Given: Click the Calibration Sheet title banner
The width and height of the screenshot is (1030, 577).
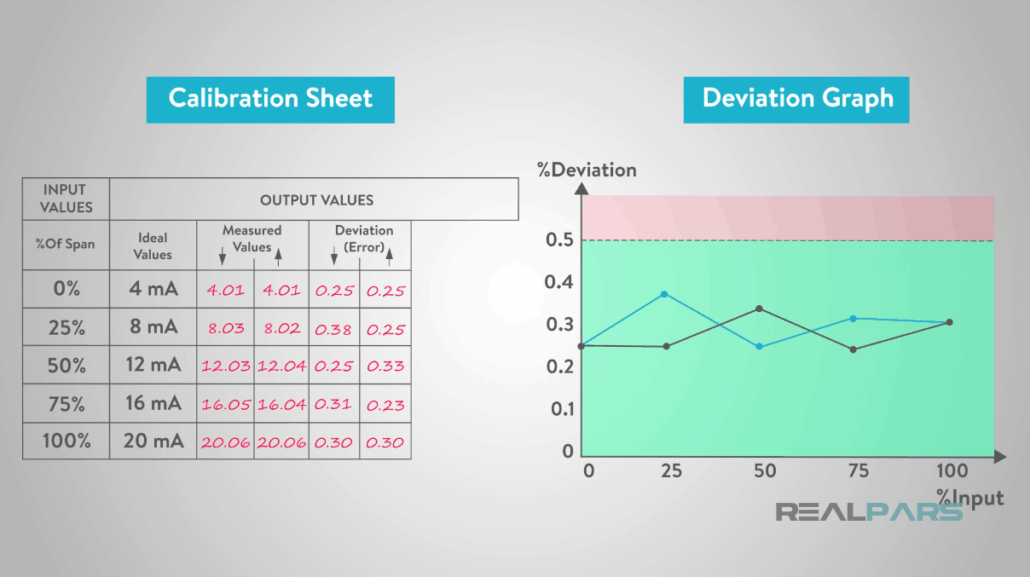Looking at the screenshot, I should pyautogui.click(x=270, y=99).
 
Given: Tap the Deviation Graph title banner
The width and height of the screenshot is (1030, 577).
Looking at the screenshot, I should pyautogui.click(x=796, y=99).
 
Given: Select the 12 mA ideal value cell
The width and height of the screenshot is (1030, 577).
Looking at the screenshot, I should pyautogui.click(x=153, y=365).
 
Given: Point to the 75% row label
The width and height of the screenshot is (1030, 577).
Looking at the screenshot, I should pyautogui.click(x=67, y=404).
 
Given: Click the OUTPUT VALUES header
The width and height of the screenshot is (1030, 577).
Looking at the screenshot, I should pyautogui.click(x=316, y=200).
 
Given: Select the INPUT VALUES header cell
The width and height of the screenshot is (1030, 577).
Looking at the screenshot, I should pyautogui.click(x=66, y=199).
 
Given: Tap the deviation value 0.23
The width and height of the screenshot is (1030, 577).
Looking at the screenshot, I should pyautogui.click(x=385, y=405).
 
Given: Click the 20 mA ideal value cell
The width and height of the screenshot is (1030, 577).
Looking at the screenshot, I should pyautogui.click(x=153, y=441).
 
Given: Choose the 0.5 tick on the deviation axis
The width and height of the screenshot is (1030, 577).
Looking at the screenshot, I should pyautogui.click(x=558, y=239).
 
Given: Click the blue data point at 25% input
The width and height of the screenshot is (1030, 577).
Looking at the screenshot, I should pyautogui.click(x=664, y=294).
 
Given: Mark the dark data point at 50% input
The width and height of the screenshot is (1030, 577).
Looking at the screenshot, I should pyautogui.click(x=759, y=309).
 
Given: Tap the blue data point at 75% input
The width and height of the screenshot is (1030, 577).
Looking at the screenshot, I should pyautogui.click(x=854, y=319).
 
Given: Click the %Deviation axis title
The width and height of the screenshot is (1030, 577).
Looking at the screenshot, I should pyautogui.click(x=587, y=170).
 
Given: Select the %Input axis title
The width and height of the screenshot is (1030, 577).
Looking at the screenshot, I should pyautogui.click(x=969, y=497).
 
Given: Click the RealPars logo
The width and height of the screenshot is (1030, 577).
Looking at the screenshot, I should pyautogui.click(x=868, y=512).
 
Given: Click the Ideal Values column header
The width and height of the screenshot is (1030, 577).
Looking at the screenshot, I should pyautogui.click(x=153, y=245).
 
